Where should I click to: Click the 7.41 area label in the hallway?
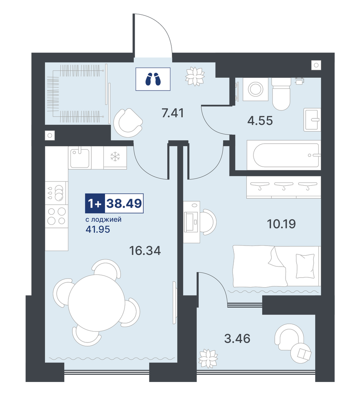click(173, 113)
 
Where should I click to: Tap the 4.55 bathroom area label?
click(260, 121)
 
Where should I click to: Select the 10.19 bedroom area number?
click(281, 224)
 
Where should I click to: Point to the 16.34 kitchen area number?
click(145, 251)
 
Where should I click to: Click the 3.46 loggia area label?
click(237, 339)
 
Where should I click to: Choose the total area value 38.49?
click(125, 203)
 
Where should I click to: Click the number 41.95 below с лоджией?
click(98, 229)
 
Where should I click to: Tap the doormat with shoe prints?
click(153, 79)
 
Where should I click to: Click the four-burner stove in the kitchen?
click(57, 216)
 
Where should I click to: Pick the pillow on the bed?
click(305, 266)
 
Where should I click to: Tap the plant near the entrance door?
click(195, 76)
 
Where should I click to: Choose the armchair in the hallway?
click(128, 123)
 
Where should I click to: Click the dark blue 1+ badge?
click(95, 203)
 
